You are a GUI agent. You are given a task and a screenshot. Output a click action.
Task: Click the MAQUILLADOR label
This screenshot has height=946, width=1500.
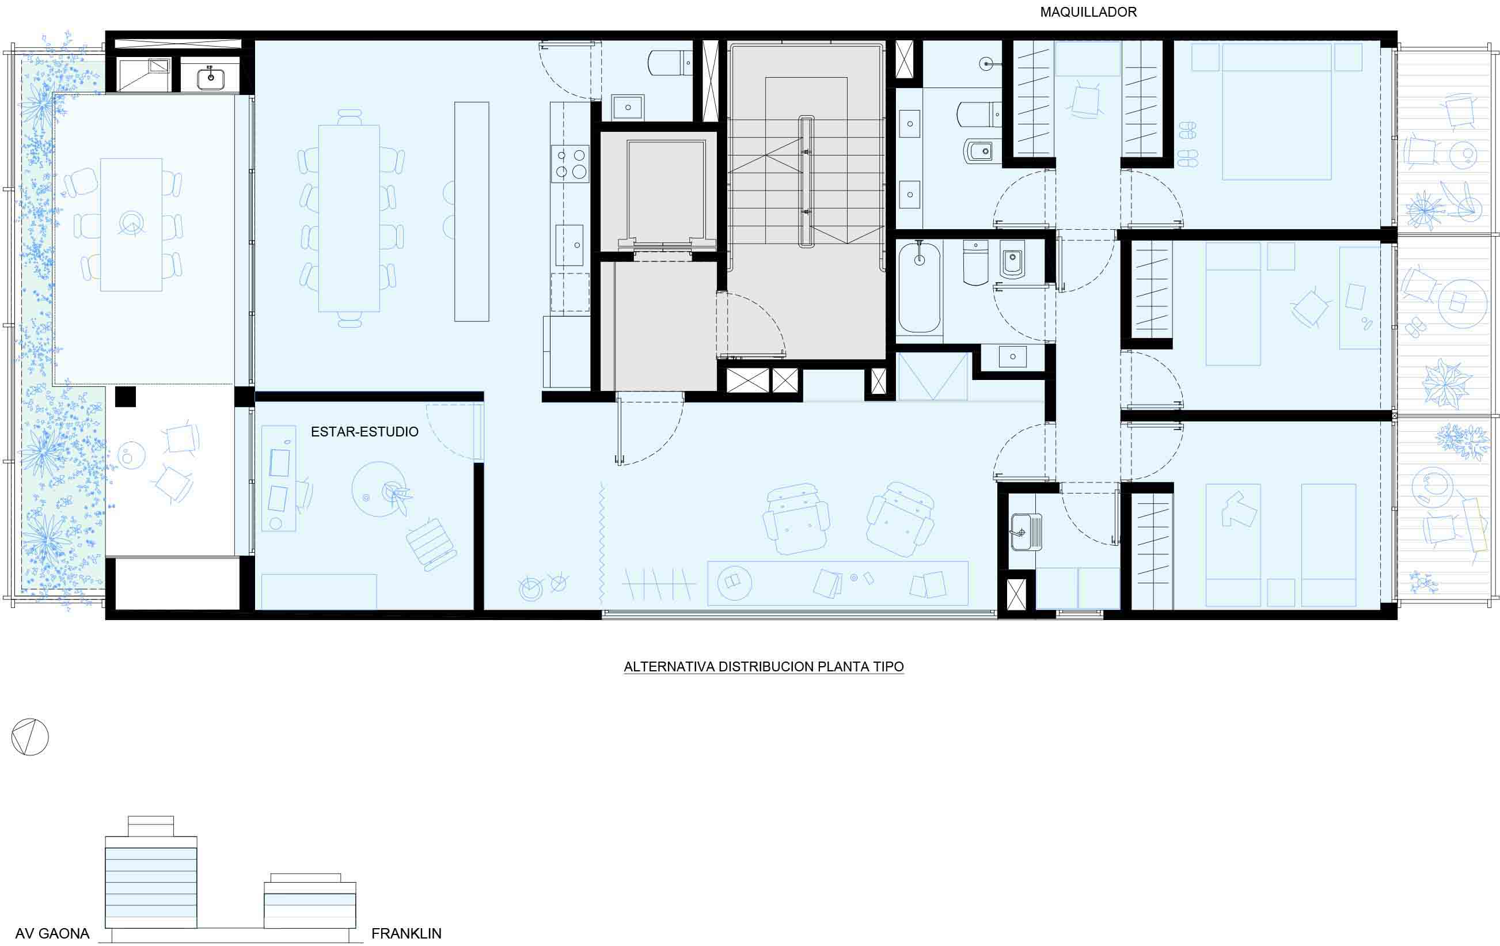[1088, 12]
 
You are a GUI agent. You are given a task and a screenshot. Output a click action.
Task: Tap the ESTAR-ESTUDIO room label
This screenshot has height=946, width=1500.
[364, 432]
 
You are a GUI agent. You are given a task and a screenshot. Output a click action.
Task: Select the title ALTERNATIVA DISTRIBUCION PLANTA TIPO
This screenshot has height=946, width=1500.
[764, 666]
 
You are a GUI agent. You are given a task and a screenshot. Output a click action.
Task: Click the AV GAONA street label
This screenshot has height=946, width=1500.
[52, 933]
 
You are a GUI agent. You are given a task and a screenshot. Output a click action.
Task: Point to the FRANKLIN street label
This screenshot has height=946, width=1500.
[406, 933]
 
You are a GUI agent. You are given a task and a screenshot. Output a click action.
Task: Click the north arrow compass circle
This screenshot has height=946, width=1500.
[30, 738]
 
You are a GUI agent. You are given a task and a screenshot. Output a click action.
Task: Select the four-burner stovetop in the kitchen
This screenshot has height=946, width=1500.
[569, 164]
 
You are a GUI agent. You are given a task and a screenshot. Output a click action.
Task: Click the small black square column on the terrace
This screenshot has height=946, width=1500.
[125, 397]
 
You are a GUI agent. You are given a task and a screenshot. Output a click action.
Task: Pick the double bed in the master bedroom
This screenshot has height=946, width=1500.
[1277, 112]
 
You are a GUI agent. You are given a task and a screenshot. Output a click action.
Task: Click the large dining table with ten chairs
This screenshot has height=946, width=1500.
[349, 218]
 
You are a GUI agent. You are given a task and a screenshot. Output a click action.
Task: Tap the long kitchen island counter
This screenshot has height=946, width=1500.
[472, 212]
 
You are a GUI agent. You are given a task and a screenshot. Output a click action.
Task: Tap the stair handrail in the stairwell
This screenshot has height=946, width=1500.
[806, 182]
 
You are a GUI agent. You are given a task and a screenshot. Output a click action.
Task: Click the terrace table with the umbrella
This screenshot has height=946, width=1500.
[131, 224]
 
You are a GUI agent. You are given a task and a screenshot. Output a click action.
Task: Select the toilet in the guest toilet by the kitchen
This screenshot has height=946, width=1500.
[670, 63]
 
